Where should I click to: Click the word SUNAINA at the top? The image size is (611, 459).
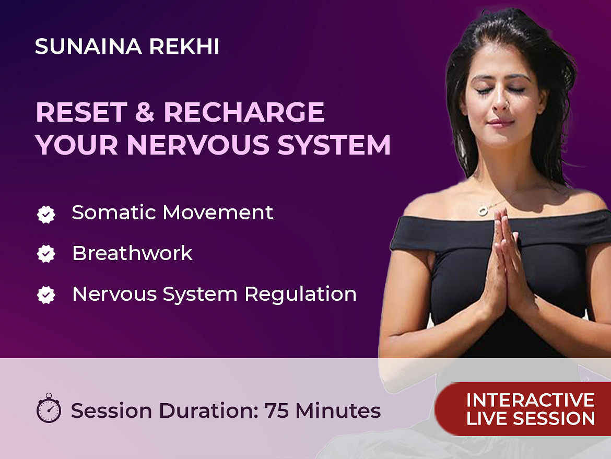(x=88, y=47)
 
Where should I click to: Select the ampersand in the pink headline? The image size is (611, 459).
(x=145, y=112)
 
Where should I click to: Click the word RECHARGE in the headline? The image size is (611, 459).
(x=244, y=112)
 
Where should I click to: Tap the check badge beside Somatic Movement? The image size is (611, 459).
(x=46, y=214)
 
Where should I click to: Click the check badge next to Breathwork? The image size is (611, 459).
(x=46, y=254)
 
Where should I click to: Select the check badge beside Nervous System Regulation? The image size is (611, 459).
(x=46, y=295)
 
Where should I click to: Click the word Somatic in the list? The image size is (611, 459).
(x=114, y=213)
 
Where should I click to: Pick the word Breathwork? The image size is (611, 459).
(x=132, y=253)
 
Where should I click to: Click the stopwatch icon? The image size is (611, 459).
(x=49, y=408)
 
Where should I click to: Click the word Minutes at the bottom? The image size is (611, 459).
(x=338, y=410)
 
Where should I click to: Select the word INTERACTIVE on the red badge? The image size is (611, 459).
(x=531, y=401)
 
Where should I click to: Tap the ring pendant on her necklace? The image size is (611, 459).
(x=484, y=211)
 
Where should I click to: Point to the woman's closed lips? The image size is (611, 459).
(x=501, y=123)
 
